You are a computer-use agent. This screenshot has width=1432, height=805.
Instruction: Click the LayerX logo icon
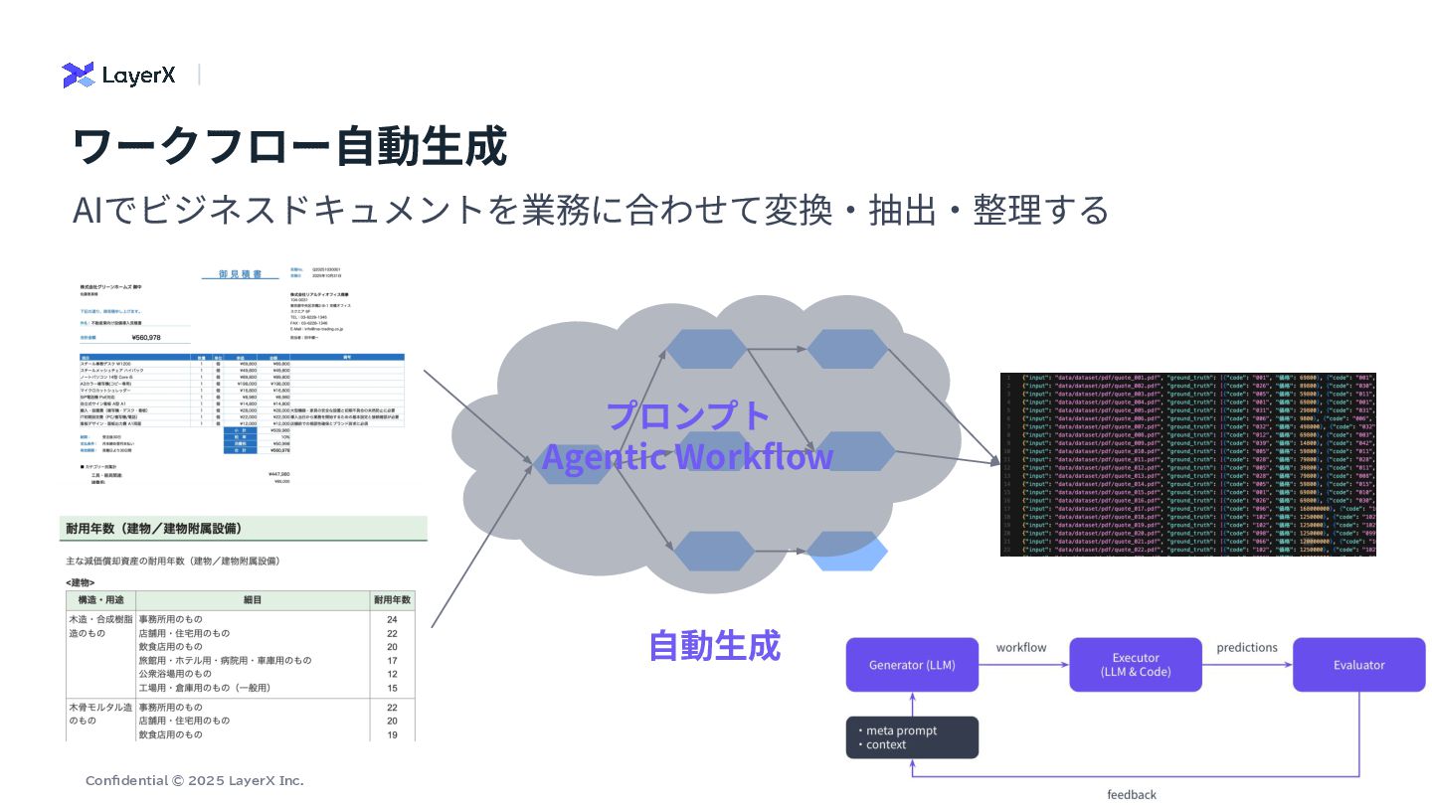pyautogui.click(x=79, y=75)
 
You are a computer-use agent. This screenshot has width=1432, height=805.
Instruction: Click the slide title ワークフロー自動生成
pyautogui.click(x=289, y=146)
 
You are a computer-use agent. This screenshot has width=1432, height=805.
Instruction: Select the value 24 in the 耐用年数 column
pyautogui.click(x=392, y=619)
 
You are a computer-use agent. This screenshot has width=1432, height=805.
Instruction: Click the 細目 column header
pyautogui.click(x=253, y=600)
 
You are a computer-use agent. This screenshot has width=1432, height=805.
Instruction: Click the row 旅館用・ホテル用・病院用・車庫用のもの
pyautogui.click(x=225, y=660)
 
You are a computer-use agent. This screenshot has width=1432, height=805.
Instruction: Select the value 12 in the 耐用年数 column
pyautogui.click(x=392, y=674)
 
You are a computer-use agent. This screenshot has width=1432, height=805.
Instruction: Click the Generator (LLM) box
pyautogui.click(x=912, y=665)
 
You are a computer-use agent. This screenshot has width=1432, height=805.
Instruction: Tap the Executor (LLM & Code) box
pyautogui.click(x=1136, y=665)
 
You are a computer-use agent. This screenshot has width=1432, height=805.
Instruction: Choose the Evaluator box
pyautogui.click(x=1358, y=665)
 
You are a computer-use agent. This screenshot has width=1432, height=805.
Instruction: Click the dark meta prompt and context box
pyautogui.click(x=912, y=737)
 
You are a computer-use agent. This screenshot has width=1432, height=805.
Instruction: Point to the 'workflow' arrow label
pyautogui.click(x=1021, y=648)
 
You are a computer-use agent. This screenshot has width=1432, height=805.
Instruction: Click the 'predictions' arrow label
pyautogui.click(x=1247, y=648)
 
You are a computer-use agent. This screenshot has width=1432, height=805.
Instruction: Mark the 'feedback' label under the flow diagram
pyautogui.click(x=1132, y=794)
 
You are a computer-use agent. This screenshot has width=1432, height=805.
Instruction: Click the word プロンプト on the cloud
pyautogui.click(x=688, y=415)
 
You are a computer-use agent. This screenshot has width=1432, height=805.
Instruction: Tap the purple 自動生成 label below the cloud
pyautogui.click(x=714, y=646)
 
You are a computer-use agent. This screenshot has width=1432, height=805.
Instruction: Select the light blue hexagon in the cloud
pyautogui.click(x=847, y=553)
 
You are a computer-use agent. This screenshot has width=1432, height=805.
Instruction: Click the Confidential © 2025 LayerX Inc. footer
pyautogui.click(x=195, y=781)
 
